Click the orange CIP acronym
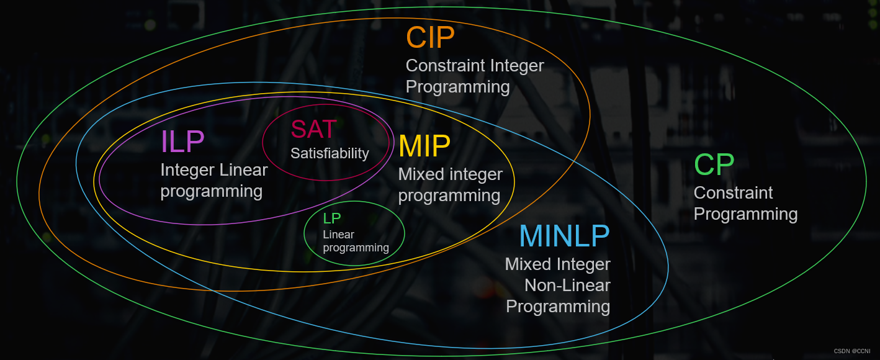[x=430, y=38]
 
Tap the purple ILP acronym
[x=182, y=142]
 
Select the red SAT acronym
[x=313, y=129]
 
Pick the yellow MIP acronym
[x=424, y=146]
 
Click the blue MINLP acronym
[x=564, y=236]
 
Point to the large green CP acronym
[x=714, y=164]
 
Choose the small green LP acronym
[x=332, y=218]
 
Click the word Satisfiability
[x=330, y=153]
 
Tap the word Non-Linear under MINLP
[x=567, y=286]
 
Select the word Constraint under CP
[x=733, y=193]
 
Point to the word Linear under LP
[x=338, y=235]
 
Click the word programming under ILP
[x=211, y=191]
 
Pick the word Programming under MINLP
[x=557, y=307]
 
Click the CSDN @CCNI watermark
[x=852, y=351]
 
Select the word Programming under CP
[x=745, y=214]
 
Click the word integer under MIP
[x=473, y=174]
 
